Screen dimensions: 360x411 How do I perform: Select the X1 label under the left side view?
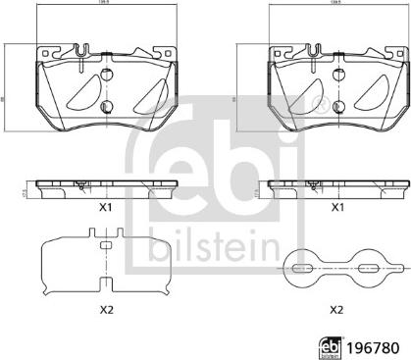[105, 208]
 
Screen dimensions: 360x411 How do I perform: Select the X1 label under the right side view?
[336, 208]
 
